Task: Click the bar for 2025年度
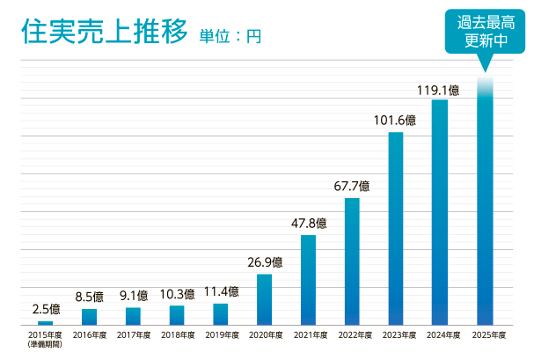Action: coord(484,202)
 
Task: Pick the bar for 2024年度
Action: coord(440,211)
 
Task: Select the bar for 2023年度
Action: coord(396,229)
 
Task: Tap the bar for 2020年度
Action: coord(264,299)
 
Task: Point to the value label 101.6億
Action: coord(396,121)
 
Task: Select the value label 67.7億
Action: coord(352,187)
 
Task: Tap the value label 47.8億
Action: coord(308,224)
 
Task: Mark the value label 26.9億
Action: coord(264,262)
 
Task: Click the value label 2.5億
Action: coord(46,309)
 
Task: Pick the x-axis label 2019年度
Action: coord(220,335)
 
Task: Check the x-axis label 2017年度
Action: coord(133,335)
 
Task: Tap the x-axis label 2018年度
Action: coord(176,335)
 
